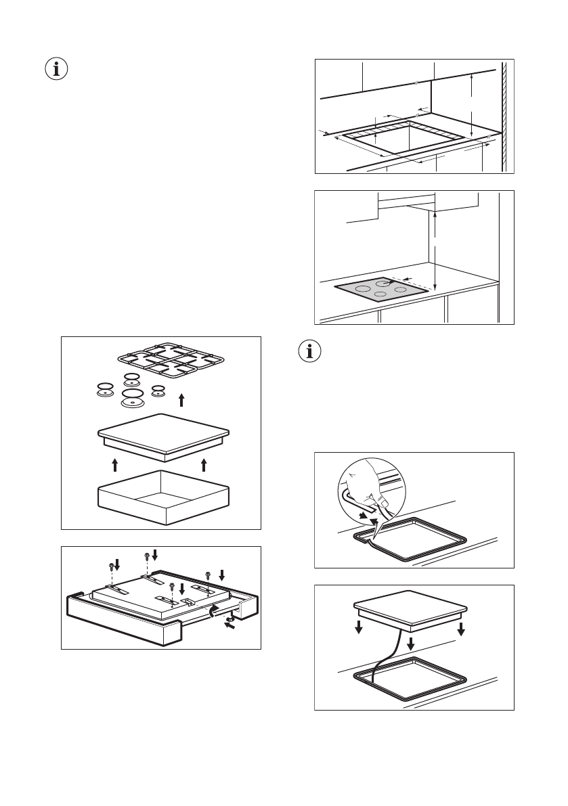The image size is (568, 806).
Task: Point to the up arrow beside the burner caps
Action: pos(181,400)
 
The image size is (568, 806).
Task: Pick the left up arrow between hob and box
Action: pos(115,464)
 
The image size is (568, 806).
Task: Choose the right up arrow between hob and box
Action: pos(204,464)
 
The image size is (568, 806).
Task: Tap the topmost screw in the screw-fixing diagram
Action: pos(147,556)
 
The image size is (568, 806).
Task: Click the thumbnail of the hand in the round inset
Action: pos(383,502)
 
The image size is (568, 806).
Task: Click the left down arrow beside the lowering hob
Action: pos(359,627)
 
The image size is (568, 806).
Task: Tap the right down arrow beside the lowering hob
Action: pos(461,627)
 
